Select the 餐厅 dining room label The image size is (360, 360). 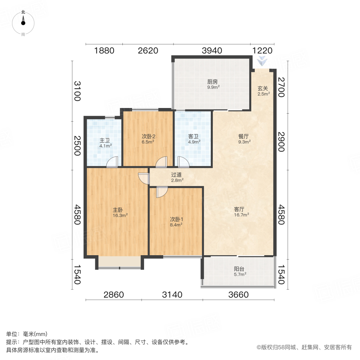pyautogui.click(x=244, y=136)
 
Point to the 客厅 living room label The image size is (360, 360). pyautogui.click(x=242, y=209)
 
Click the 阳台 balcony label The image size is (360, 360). pyautogui.click(x=240, y=269)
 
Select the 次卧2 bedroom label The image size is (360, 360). pyautogui.click(x=148, y=136)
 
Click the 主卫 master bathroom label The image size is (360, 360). pyautogui.click(x=105, y=140)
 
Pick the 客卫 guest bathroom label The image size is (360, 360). pyautogui.click(x=194, y=136)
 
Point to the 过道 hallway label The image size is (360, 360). pyautogui.click(x=177, y=175)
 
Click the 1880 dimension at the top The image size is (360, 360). pyautogui.click(x=104, y=51)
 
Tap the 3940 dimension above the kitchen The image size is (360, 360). pyautogui.click(x=212, y=51)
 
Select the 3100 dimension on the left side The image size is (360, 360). pyautogui.click(x=77, y=91)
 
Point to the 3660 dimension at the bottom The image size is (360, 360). pyautogui.click(x=238, y=295)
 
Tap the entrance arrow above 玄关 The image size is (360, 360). pyautogui.click(x=262, y=62)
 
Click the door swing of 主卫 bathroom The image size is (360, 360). pyautogui.click(x=112, y=162)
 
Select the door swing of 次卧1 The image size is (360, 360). pyautogui.click(x=162, y=192)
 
